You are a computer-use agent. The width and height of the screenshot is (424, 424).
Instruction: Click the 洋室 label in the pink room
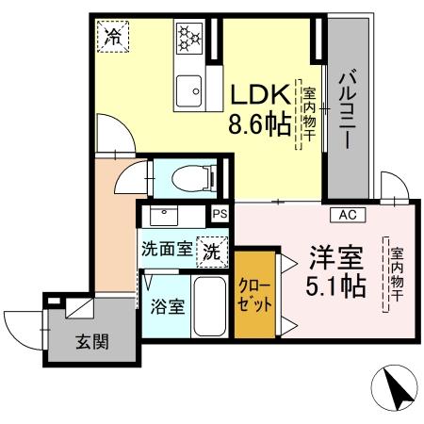point(334,256)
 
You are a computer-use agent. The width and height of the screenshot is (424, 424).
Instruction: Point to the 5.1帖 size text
point(335,285)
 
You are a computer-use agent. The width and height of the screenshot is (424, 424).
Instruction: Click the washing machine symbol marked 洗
point(213,252)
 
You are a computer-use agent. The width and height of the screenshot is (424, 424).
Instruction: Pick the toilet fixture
point(193,175)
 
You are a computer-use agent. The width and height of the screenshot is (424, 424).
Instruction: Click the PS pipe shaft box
point(220,214)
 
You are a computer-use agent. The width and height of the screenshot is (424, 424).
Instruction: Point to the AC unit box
point(348,215)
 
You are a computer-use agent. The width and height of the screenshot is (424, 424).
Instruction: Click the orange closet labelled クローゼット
point(255,295)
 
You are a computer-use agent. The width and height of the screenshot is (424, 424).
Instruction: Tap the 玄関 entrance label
point(92,341)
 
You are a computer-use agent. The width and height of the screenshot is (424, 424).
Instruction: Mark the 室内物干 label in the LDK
point(309,117)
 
